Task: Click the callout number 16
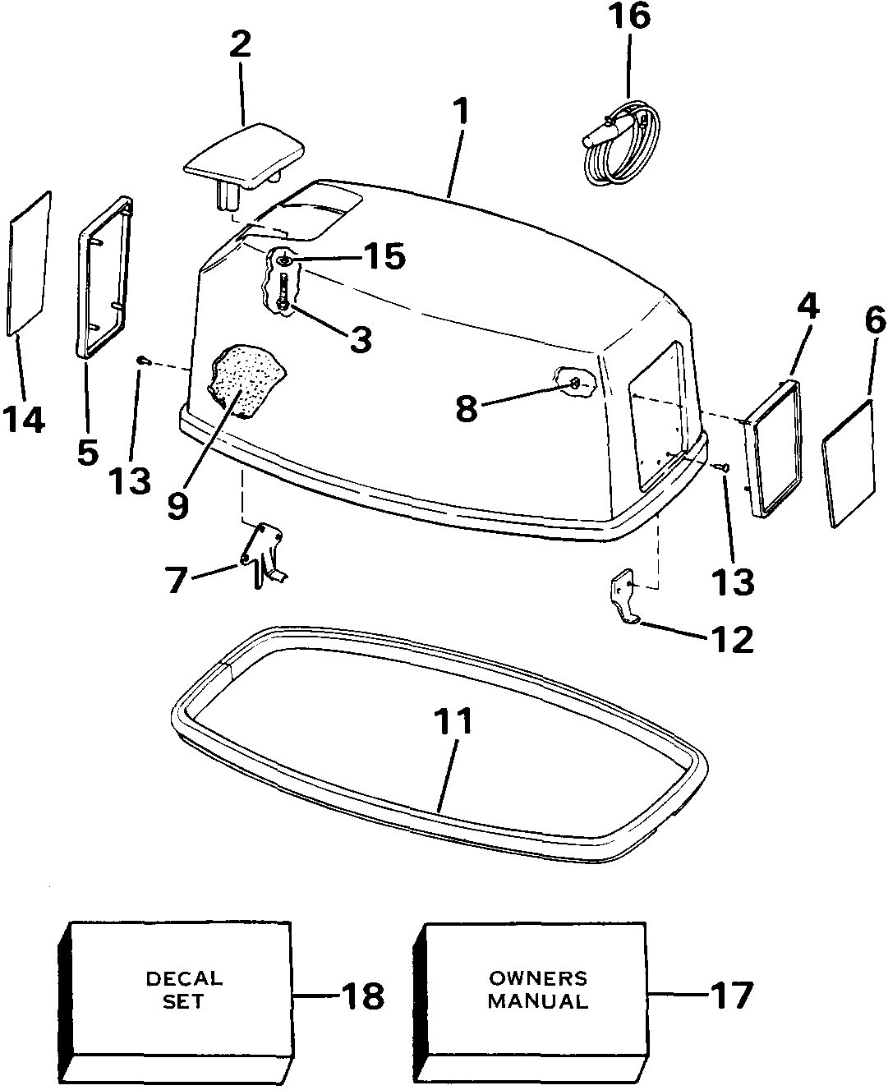tap(629, 16)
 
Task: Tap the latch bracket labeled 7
tap(264, 555)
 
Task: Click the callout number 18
tap(362, 996)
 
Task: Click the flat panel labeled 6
tap(848, 465)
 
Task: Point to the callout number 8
tap(467, 409)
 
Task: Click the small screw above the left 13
tap(142, 361)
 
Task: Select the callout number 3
tap(361, 338)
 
